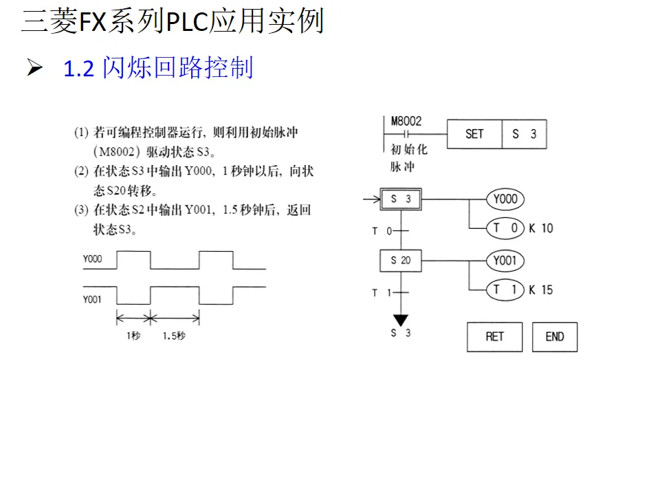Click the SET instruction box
tap(474, 134)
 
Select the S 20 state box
tap(401, 261)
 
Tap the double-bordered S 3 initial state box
tap(401, 199)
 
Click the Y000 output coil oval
tap(505, 199)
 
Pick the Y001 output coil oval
tap(505, 261)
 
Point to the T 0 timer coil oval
tap(505, 228)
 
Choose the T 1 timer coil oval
tap(505, 289)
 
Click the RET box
tap(495, 336)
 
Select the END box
tap(555, 336)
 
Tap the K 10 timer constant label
tap(541, 228)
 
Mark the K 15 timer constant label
tap(541, 289)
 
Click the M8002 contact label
tap(406, 121)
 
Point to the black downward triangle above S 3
tap(401, 320)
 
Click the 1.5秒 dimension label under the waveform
tap(174, 336)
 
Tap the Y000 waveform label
tap(92, 259)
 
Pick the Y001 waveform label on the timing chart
tap(92, 299)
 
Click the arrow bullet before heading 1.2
tap(35, 68)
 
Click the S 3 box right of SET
tap(524, 134)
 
